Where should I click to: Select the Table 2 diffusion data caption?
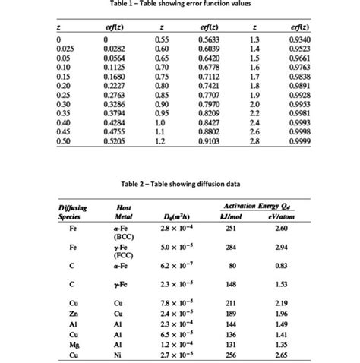point(179,182)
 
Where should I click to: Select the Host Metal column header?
point(121,211)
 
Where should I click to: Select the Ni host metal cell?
point(121,353)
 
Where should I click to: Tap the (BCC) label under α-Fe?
point(121,236)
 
